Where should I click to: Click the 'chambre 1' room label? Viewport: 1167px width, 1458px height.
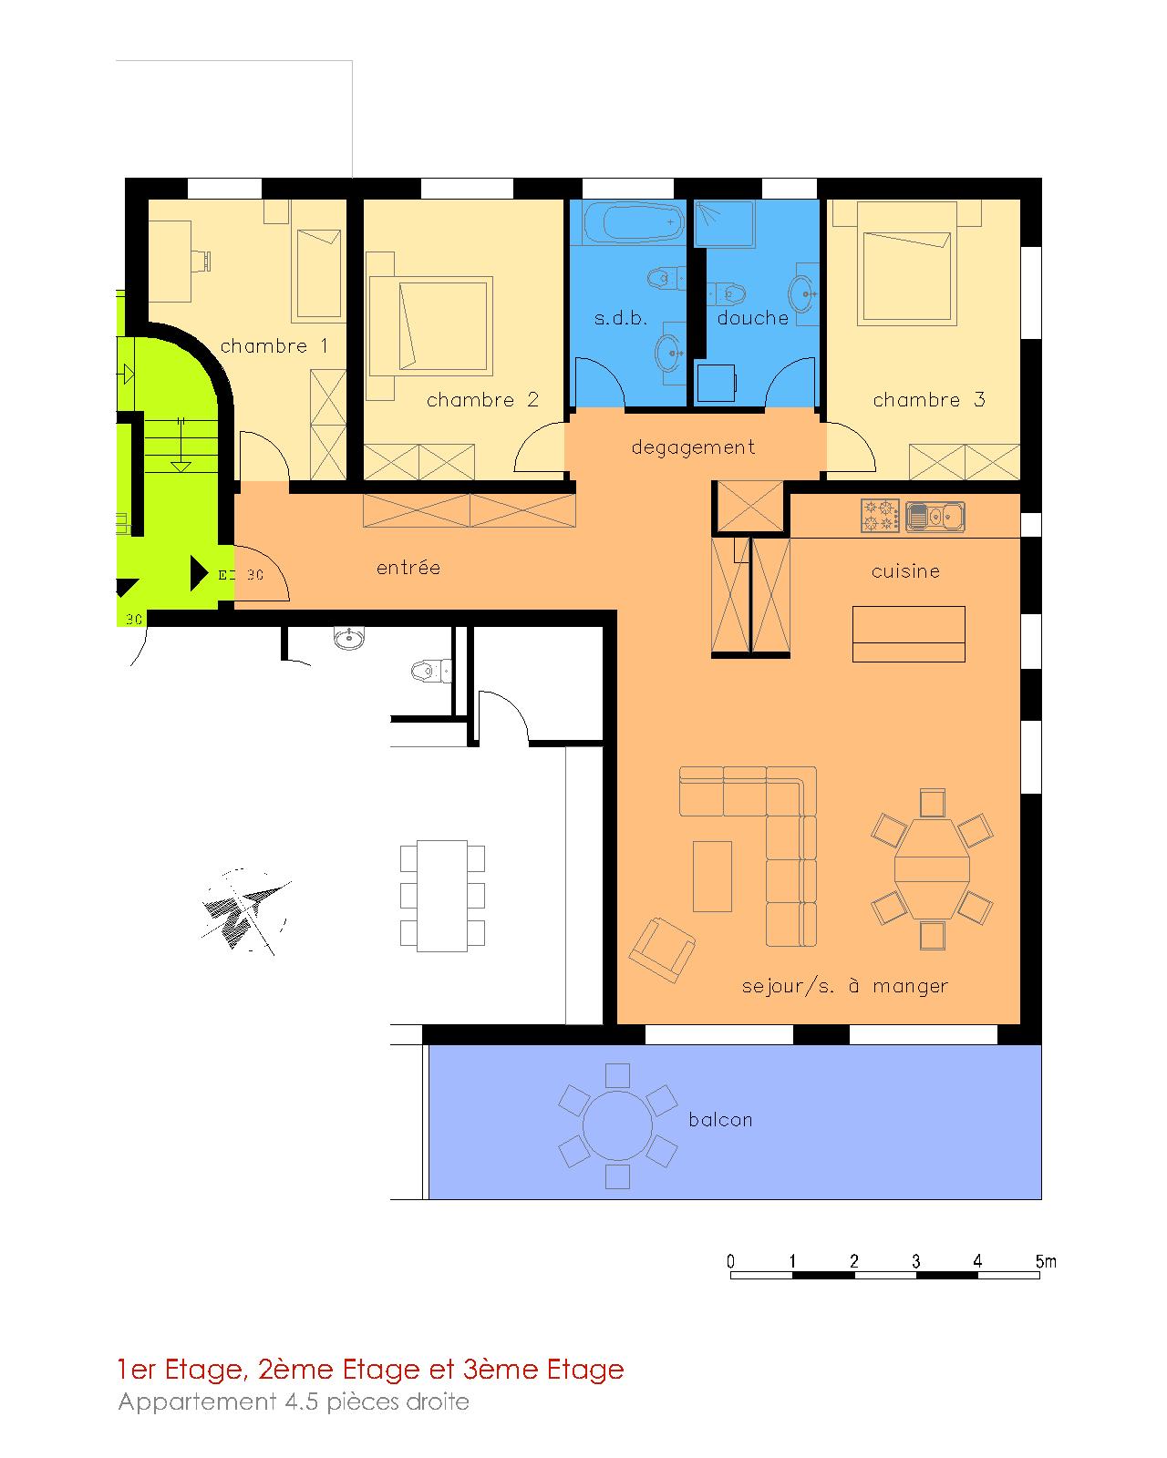(274, 346)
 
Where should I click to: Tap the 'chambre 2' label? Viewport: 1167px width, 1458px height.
(482, 400)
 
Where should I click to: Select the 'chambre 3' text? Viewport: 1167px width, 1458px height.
(928, 400)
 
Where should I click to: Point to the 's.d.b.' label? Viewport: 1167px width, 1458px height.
(621, 318)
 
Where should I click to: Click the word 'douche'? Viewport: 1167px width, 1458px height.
(753, 318)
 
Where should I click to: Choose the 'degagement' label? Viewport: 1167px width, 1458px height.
(693, 447)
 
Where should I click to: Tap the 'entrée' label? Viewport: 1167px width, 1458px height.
(408, 567)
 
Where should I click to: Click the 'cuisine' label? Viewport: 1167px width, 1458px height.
(905, 571)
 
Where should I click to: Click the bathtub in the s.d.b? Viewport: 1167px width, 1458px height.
(633, 221)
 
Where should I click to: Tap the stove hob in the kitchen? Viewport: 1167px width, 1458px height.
(880, 516)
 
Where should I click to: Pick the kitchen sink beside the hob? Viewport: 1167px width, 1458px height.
(935, 517)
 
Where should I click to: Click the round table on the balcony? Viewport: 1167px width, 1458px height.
(617, 1126)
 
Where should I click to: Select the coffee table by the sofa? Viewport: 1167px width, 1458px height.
(712, 876)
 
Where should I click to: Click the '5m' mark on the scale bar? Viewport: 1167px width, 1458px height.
(1046, 1261)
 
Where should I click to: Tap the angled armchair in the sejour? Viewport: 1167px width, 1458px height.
(662, 950)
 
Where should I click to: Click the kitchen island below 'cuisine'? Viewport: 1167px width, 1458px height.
(909, 633)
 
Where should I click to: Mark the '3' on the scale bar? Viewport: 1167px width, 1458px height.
(916, 1261)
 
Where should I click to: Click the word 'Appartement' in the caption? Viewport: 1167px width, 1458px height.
(197, 1402)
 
